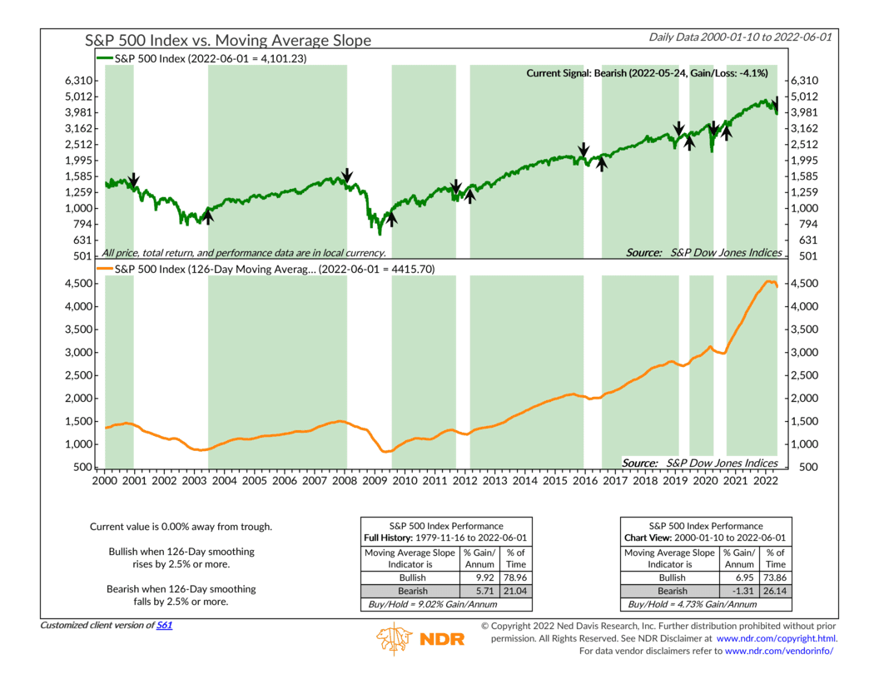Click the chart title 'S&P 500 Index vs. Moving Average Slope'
tap(228, 40)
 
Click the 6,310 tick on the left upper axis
tap(78, 81)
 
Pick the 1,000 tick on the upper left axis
tap(78, 209)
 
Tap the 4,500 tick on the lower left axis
tap(78, 284)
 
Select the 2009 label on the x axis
tap(375, 481)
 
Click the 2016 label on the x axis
tap(585, 481)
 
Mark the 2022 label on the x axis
tap(766, 481)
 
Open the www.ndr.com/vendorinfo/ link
tap(779, 650)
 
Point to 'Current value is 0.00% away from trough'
tap(181, 527)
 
